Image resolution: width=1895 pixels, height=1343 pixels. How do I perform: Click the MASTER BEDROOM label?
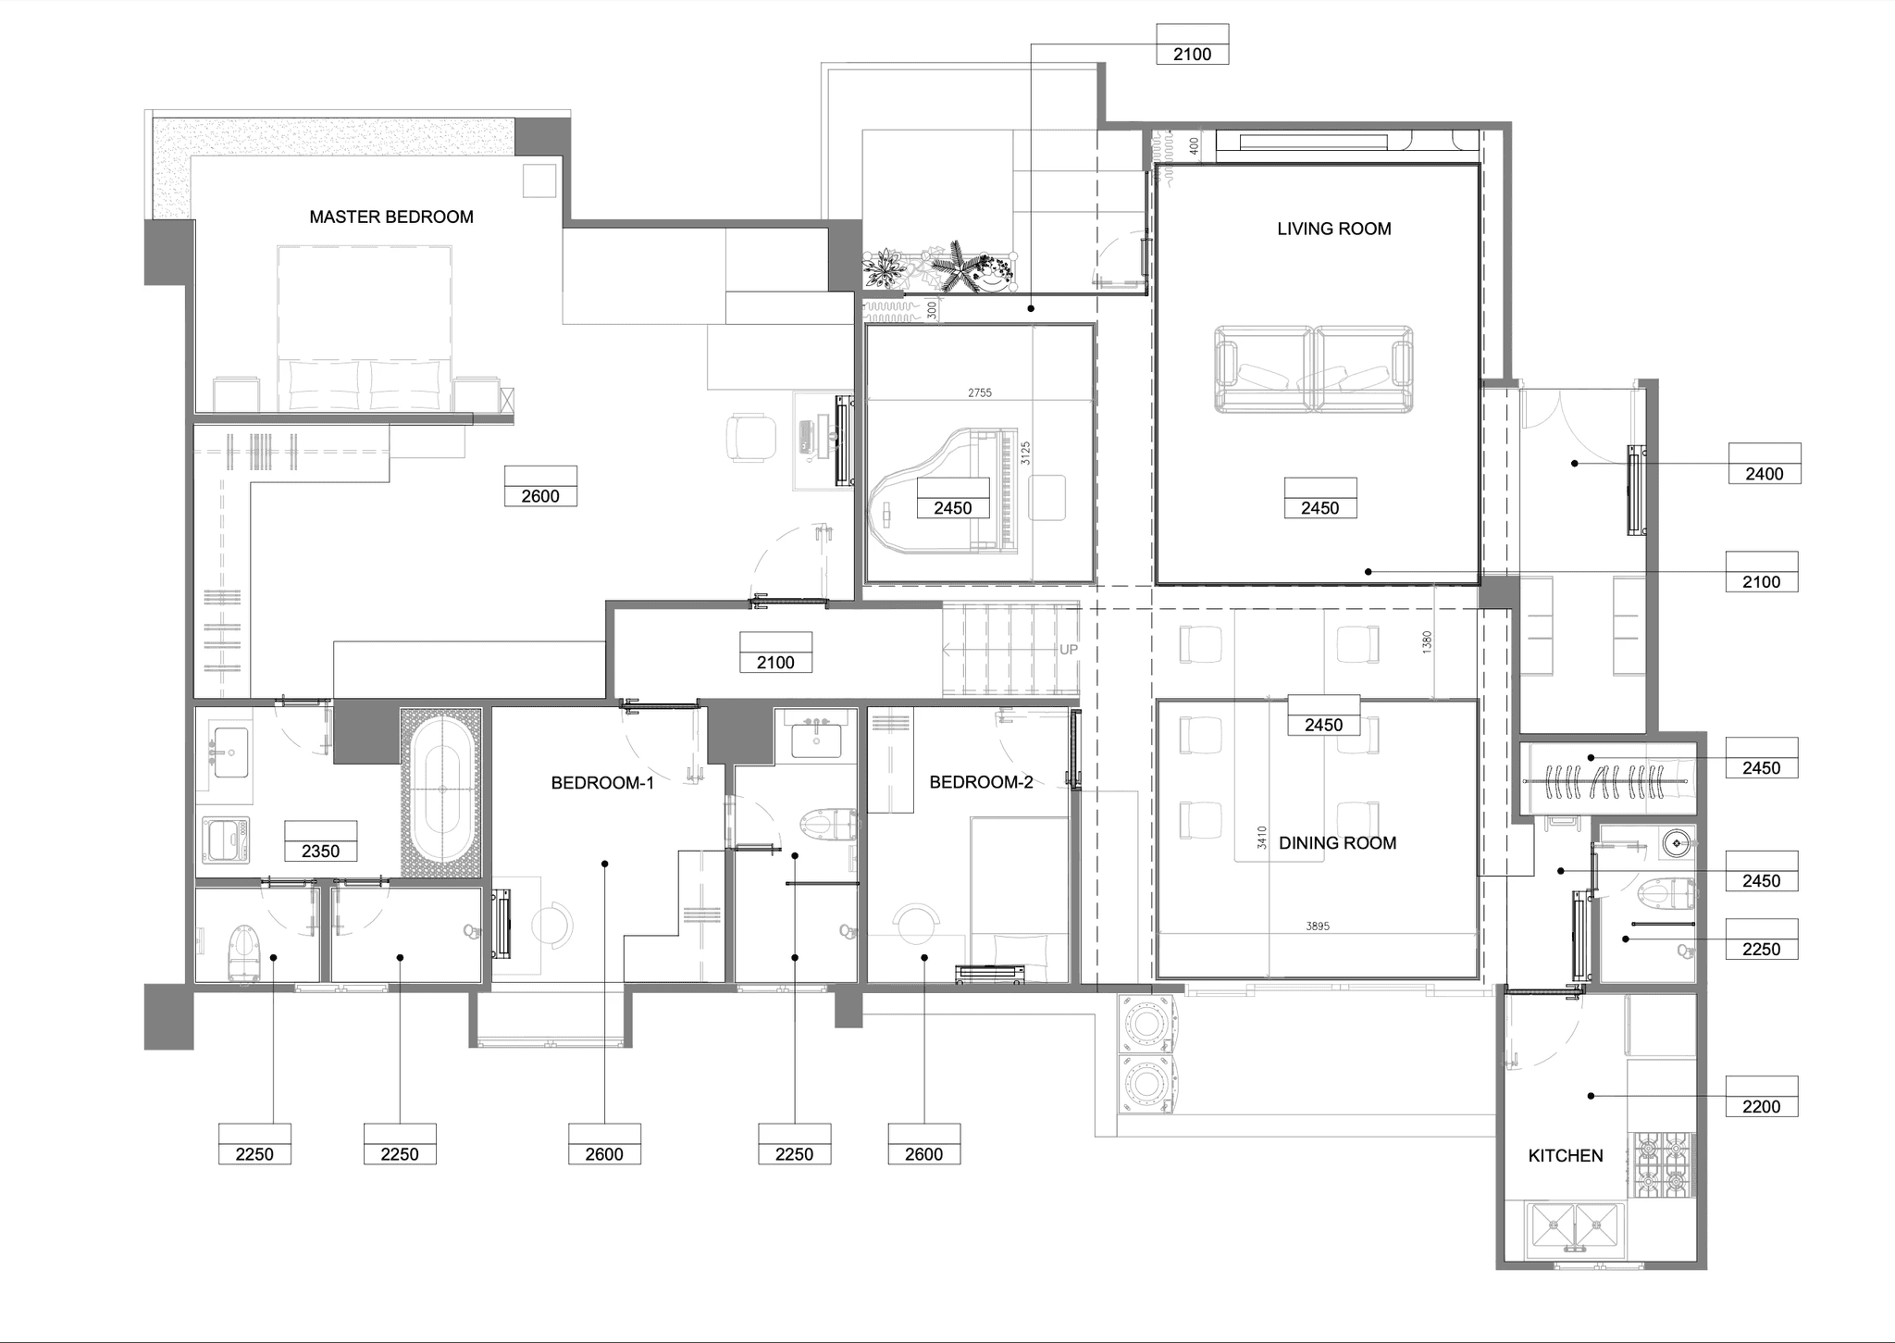(x=391, y=218)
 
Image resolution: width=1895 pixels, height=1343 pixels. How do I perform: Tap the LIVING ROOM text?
(x=1334, y=229)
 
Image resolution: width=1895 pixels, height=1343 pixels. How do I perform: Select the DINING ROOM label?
(x=1338, y=843)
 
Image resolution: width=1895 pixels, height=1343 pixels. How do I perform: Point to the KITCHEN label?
(x=1566, y=1156)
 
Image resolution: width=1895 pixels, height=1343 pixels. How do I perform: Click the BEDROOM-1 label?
(x=602, y=783)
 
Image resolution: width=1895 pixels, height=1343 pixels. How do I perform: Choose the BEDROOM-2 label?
(x=981, y=782)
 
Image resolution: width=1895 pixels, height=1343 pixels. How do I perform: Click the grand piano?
(x=945, y=492)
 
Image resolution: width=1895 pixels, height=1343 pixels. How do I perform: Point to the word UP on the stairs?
(x=1069, y=650)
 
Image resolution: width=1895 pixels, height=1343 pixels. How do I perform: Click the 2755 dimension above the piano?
(x=980, y=392)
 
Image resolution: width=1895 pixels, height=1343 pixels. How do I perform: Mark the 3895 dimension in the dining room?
(x=1318, y=926)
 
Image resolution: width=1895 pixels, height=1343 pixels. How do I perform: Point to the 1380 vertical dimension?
(x=1428, y=642)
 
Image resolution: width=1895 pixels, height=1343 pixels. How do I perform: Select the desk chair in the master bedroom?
(x=750, y=438)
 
